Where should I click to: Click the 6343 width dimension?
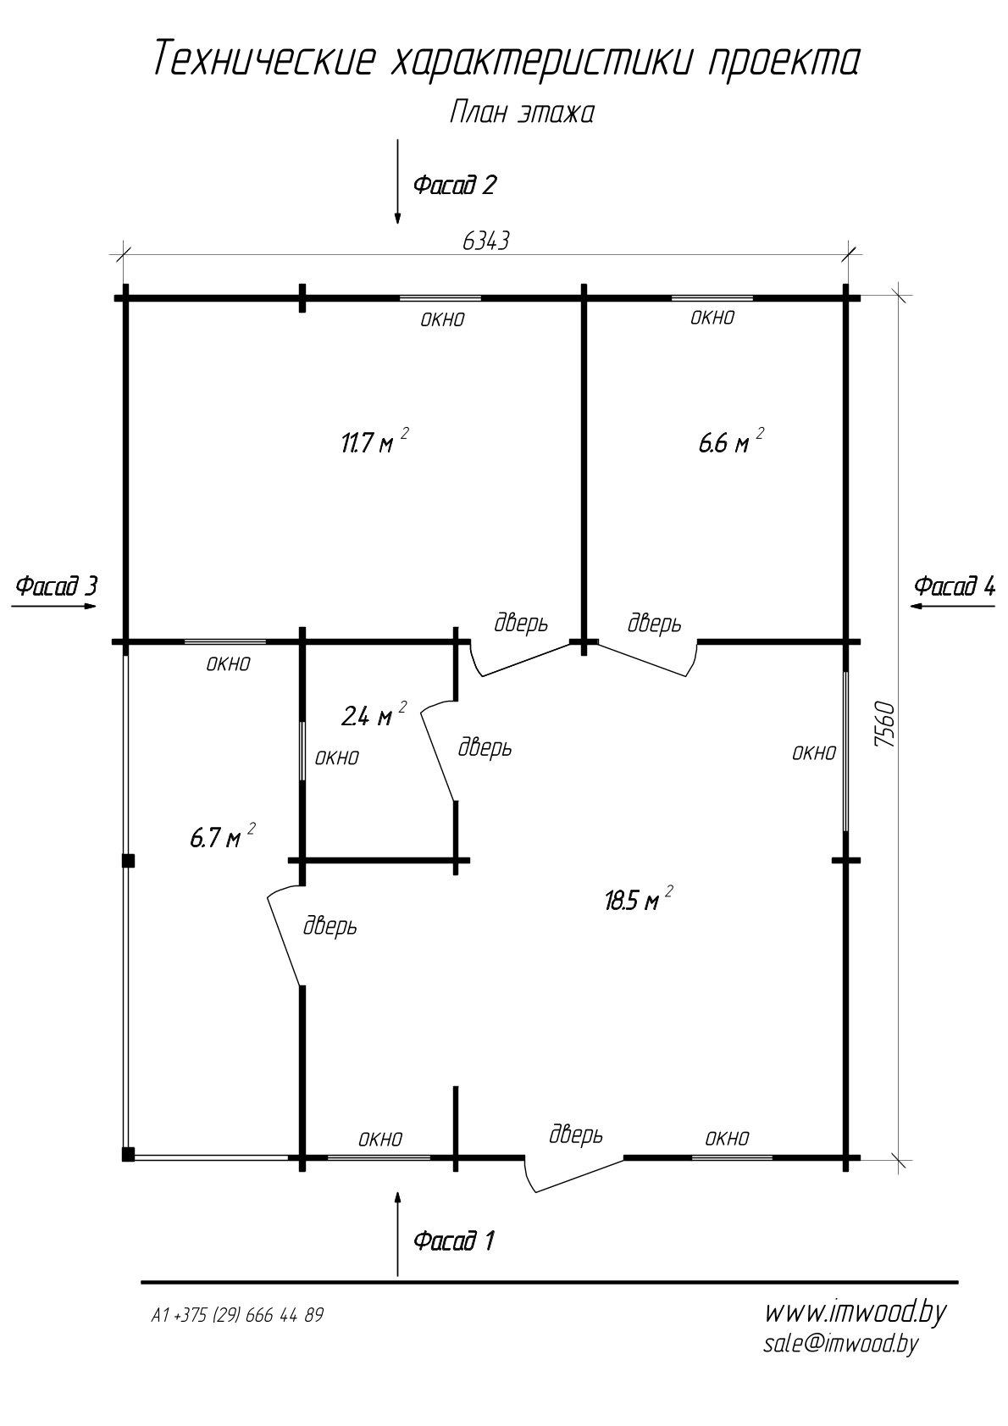(486, 241)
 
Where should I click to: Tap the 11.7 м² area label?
(374, 441)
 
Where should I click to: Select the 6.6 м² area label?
(731, 441)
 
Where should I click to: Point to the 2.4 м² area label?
(374, 715)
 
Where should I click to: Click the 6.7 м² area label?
(223, 836)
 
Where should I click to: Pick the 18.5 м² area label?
(639, 900)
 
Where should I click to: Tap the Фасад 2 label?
(454, 185)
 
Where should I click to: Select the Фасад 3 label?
(57, 585)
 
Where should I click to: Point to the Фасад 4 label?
(955, 585)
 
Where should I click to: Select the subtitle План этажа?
(522, 114)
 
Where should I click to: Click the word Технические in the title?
(263, 59)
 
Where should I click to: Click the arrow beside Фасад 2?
(398, 181)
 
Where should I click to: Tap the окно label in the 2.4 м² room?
(337, 757)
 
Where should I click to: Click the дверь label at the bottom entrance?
(576, 1134)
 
